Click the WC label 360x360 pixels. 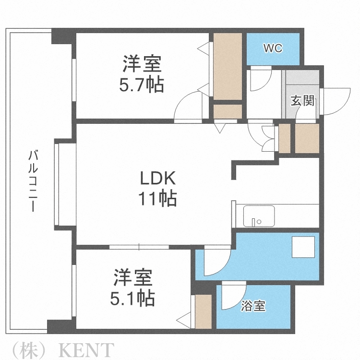pyautogui.click(x=272, y=48)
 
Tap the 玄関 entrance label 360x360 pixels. pyautogui.click(x=302, y=101)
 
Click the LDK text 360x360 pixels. pyautogui.click(x=158, y=180)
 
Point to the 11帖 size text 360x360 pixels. pyautogui.click(x=158, y=198)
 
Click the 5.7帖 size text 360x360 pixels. pyautogui.click(x=142, y=85)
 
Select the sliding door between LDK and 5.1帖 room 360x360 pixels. pyautogui.click(x=139, y=247)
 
